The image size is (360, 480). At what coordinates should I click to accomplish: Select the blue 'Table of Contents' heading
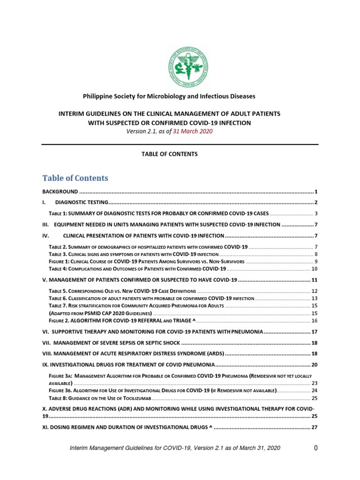[75, 178]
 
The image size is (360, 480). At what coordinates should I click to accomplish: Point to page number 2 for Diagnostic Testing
[316, 202]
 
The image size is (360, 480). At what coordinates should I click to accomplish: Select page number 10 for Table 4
[315, 269]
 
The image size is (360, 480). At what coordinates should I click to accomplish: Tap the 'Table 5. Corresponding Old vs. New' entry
[122, 291]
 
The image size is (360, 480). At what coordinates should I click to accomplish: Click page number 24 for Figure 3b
[315, 390]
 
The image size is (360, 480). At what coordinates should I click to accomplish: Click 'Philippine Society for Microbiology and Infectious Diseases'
[169, 96]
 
